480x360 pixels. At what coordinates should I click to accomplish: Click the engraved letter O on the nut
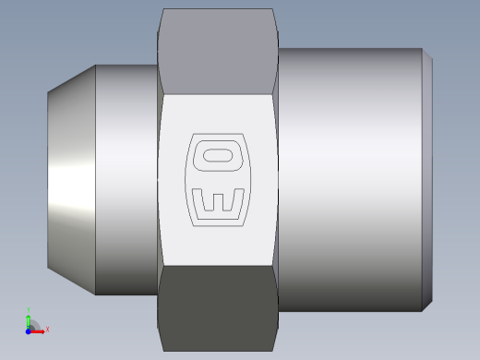[219, 152]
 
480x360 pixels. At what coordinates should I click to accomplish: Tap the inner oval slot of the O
[220, 152]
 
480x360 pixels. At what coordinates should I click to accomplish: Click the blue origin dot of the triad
[28, 330]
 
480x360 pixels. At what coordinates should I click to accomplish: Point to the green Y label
[29, 309]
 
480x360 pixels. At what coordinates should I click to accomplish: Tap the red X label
[46, 329]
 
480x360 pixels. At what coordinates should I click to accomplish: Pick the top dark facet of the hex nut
[219, 51]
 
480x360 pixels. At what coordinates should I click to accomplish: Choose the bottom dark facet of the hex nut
[219, 300]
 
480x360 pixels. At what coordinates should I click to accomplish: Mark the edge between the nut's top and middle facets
[219, 94]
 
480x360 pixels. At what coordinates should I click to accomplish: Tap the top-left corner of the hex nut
[162, 10]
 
